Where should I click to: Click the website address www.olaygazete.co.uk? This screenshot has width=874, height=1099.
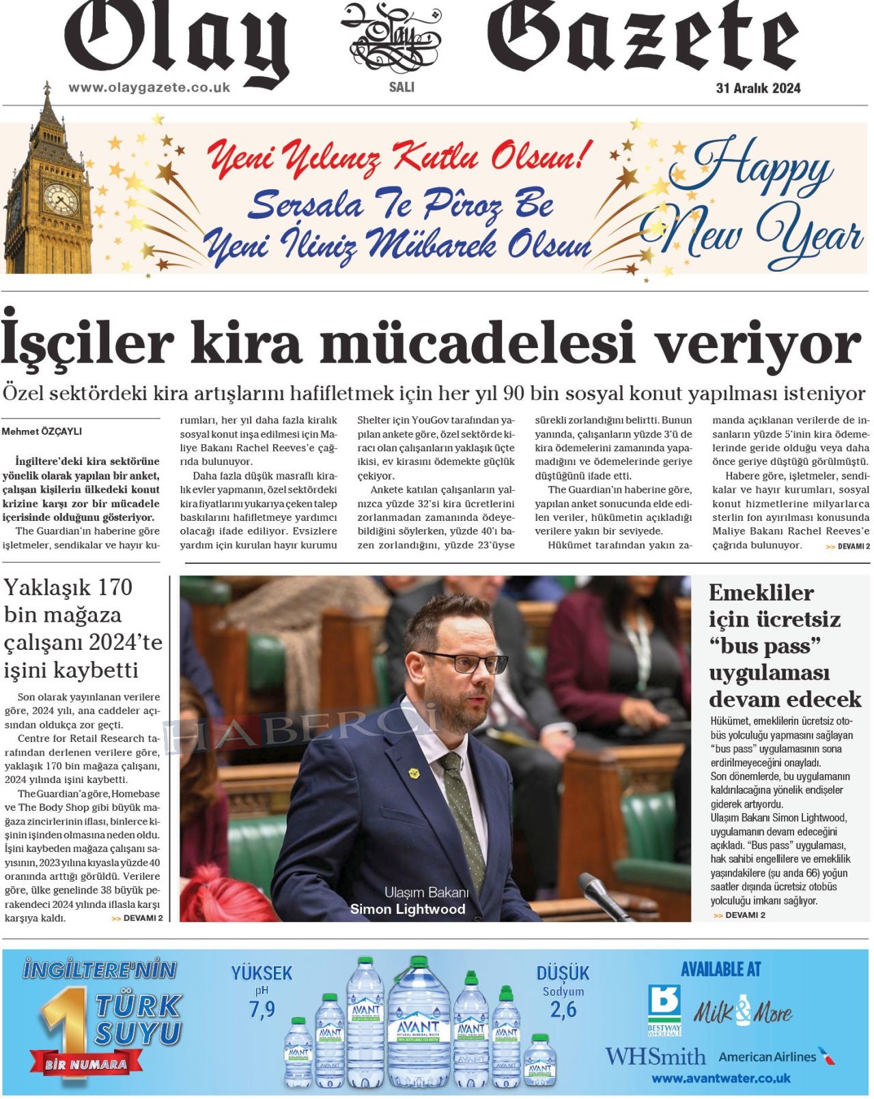point(149,87)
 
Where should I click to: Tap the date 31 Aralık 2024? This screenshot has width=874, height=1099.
point(758,88)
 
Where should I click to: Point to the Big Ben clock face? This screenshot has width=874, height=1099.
point(60,199)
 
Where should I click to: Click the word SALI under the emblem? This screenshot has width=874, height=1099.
point(401,87)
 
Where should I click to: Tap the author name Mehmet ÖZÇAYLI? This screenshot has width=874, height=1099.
point(42,431)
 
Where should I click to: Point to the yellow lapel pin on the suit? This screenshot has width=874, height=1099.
point(414,773)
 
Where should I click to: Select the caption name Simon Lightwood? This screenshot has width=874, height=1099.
point(408,909)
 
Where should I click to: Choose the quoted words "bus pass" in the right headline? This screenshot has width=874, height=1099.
point(765,646)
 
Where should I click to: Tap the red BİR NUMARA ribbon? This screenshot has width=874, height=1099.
point(86,1064)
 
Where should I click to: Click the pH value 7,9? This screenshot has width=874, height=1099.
point(262,1009)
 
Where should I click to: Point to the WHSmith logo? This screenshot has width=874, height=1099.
point(655,1057)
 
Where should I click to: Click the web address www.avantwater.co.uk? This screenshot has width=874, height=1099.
point(721,1079)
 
